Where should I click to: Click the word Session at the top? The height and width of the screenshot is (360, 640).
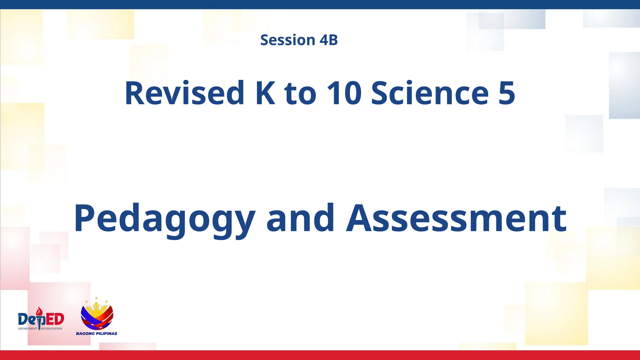pyautogui.click(x=288, y=40)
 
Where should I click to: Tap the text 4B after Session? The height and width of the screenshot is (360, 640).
pyautogui.click(x=329, y=40)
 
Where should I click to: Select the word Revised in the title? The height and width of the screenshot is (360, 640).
pyautogui.click(x=184, y=93)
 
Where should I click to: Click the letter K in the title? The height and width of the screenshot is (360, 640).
pyautogui.click(x=266, y=93)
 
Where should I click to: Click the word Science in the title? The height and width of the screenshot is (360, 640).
pyautogui.click(x=430, y=93)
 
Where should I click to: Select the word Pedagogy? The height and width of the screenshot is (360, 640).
pyautogui.click(x=164, y=219)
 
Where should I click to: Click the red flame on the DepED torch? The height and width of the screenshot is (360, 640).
pyautogui.click(x=39, y=311)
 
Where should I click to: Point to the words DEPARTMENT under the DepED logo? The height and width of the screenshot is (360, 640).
pyautogui.click(x=27, y=329)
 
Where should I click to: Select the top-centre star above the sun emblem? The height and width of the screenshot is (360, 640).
pyautogui.click(x=96, y=298)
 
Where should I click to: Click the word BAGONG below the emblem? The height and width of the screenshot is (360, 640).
pyautogui.click(x=85, y=333)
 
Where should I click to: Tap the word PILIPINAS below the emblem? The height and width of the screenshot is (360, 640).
pyautogui.click(x=107, y=333)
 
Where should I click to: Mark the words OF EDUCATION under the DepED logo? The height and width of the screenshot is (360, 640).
pyautogui.click(x=52, y=329)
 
